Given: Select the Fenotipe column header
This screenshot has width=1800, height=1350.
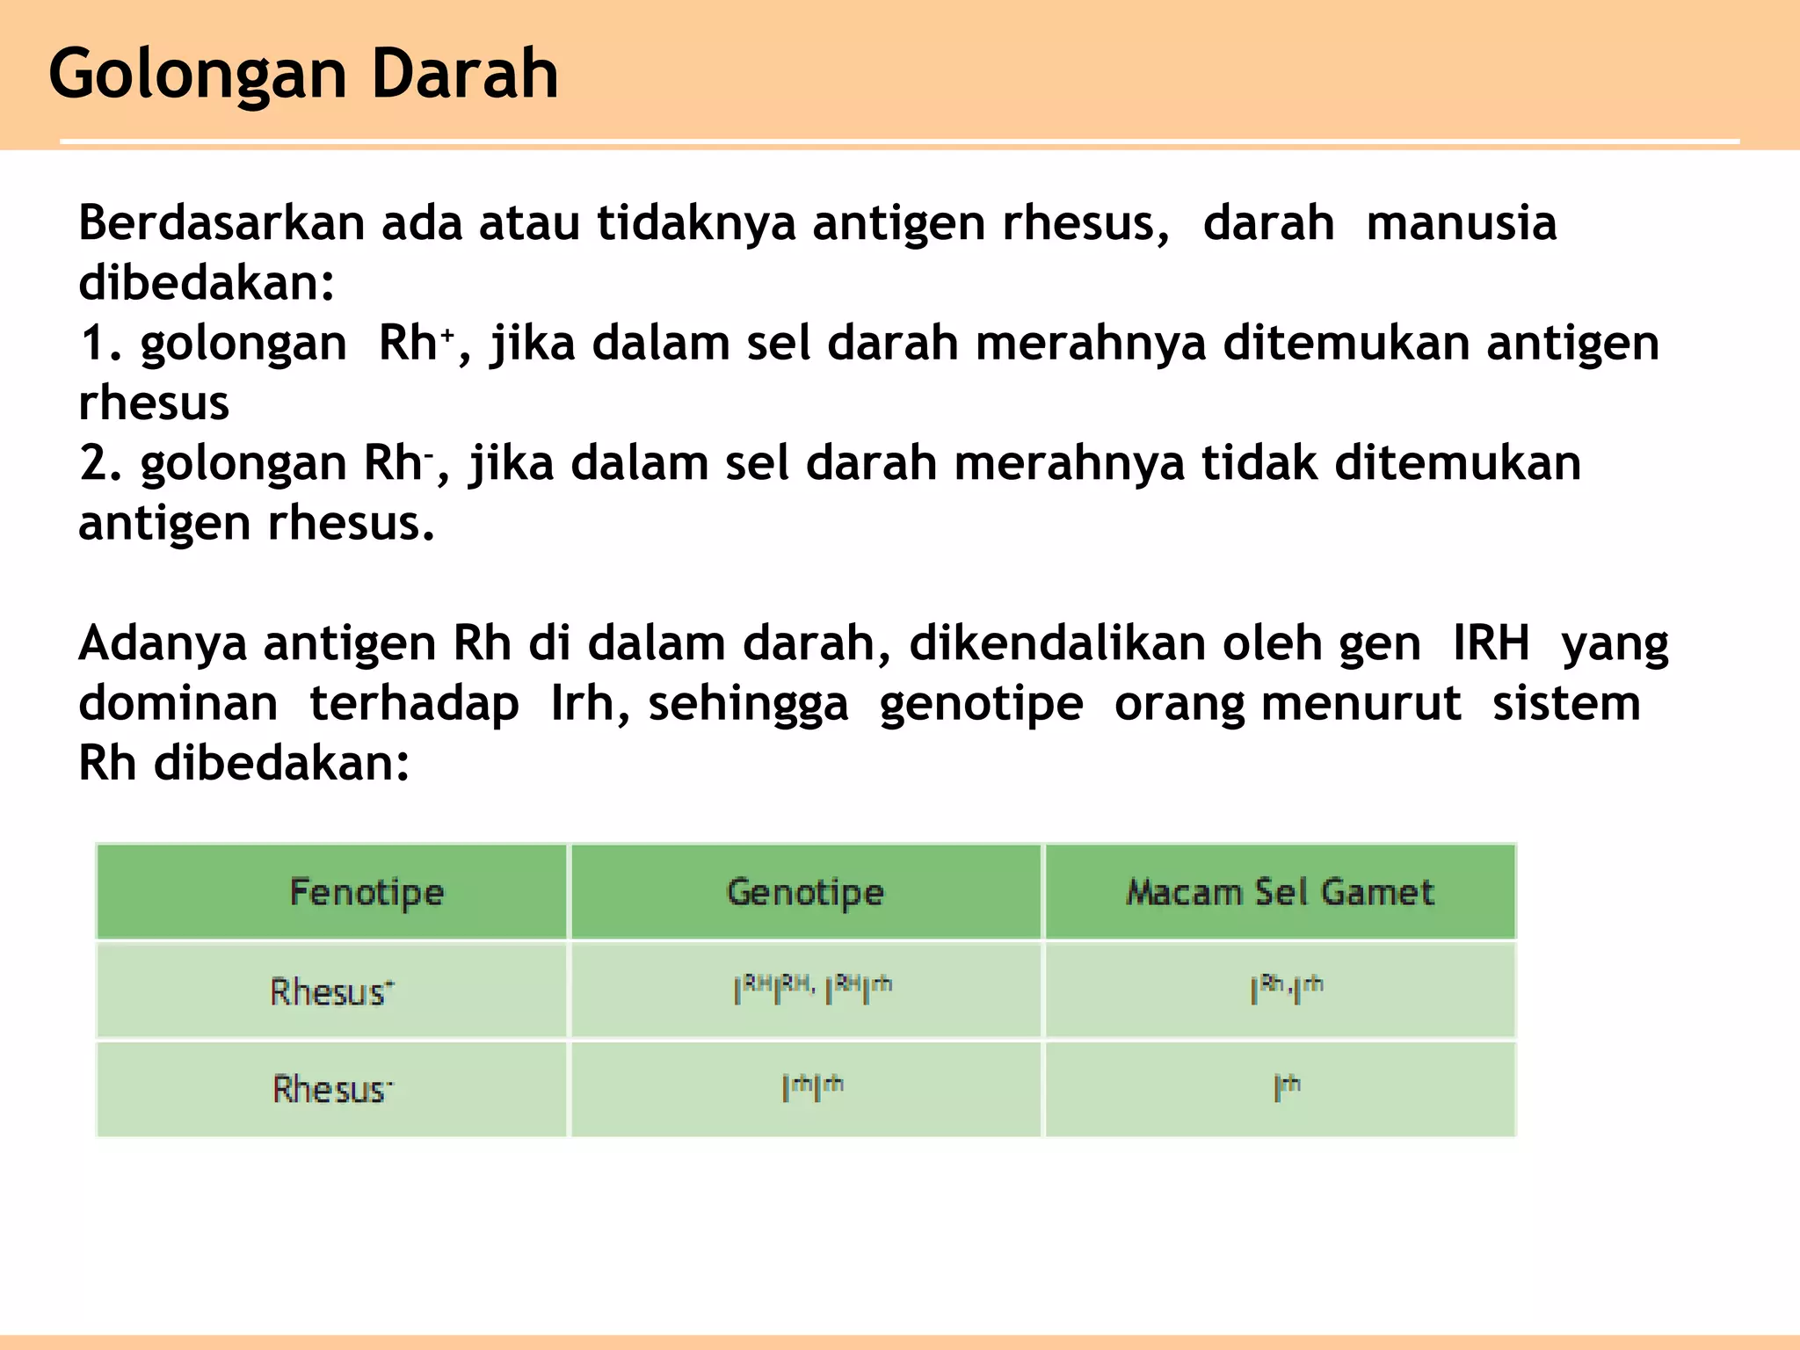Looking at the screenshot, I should click(x=367, y=892).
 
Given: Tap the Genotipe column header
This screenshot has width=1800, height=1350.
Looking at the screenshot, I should click(x=805, y=892).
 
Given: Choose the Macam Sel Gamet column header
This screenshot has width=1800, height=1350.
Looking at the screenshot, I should click(x=1280, y=892).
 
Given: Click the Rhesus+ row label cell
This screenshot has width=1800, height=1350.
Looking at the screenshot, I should click(x=332, y=991).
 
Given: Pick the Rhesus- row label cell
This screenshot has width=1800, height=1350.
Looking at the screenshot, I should click(x=332, y=1089).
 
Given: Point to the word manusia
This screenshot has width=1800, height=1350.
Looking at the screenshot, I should click(x=1461, y=223).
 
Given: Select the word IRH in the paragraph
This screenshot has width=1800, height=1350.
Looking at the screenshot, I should click(x=1491, y=643).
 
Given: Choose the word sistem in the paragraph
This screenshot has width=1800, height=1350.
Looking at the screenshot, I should click(x=1566, y=703).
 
